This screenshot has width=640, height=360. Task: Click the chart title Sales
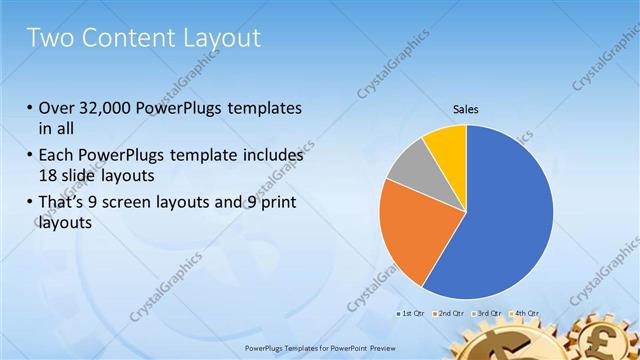pos(466,108)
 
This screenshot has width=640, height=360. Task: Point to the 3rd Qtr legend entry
pos(485,313)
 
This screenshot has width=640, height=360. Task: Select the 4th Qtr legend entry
pos(523,313)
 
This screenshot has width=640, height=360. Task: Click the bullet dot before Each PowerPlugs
pos(29,157)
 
